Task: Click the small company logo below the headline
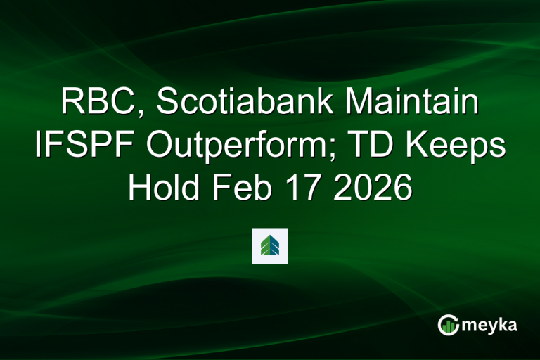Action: [270, 246]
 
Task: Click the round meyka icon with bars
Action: [449, 324]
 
